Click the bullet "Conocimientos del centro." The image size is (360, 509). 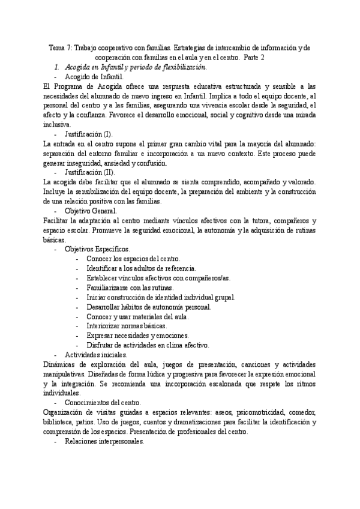click(104, 402)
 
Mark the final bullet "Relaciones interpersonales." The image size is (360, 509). click(104, 441)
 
